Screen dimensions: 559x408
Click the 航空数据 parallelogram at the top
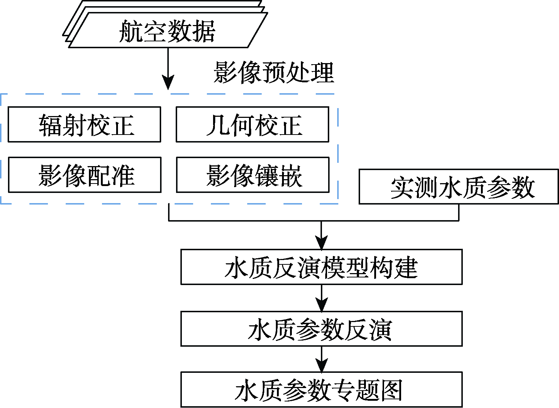168,30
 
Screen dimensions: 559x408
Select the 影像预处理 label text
274,72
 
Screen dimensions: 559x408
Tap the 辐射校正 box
84,124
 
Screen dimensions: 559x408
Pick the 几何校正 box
252,124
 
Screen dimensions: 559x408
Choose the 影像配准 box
85,174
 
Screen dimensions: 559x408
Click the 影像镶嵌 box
253,174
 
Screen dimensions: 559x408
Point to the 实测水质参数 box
459,186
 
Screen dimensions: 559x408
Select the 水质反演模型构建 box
322,267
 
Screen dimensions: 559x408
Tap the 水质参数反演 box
322,329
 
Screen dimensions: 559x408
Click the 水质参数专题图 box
322,390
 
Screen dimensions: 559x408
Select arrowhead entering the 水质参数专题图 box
322,366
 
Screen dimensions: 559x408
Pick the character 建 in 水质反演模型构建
406,268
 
